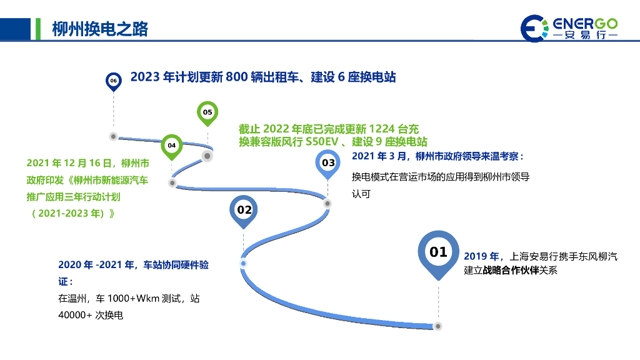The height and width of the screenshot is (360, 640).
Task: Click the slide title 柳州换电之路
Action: [x=100, y=29]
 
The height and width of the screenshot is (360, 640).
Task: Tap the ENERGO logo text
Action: [x=585, y=24]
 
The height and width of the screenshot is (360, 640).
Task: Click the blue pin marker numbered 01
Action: [x=438, y=252]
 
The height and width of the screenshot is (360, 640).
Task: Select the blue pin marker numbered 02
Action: [x=244, y=210]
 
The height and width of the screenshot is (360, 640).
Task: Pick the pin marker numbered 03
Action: [x=327, y=163]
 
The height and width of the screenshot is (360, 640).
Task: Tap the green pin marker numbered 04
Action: [x=172, y=146]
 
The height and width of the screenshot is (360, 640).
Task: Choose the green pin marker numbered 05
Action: [x=207, y=112]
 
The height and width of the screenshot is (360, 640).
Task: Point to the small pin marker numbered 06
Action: [x=113, y=81]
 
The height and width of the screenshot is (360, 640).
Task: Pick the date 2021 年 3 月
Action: [x=379, y=156]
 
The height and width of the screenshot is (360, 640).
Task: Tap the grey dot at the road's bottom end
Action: [x=438, y=326]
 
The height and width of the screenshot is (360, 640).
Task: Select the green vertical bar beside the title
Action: [x=38, y=29]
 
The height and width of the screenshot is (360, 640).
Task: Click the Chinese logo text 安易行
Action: [x=585, y=36]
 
